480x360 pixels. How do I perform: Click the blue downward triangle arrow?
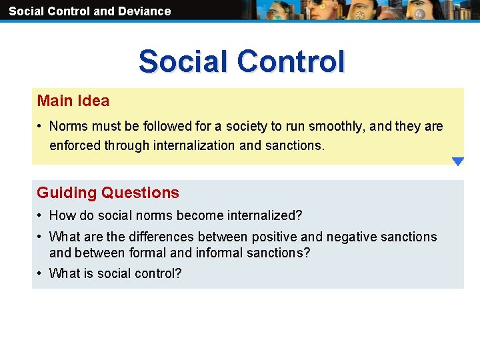click(x=457, y=161)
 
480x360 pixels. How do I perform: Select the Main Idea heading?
click(x=73, y=101)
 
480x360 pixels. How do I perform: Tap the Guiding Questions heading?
click(x=108, y=193)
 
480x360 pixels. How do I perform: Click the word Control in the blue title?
click(x=291, y=61)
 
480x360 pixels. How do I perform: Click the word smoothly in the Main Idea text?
click(x=333, y=127)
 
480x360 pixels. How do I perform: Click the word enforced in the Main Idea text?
click(x=75, y=145)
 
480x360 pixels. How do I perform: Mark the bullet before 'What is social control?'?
click(x=41, y=274)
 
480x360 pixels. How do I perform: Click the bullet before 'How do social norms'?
click(x=41, y=216)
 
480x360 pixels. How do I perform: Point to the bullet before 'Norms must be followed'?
click(x=41, y=127)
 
